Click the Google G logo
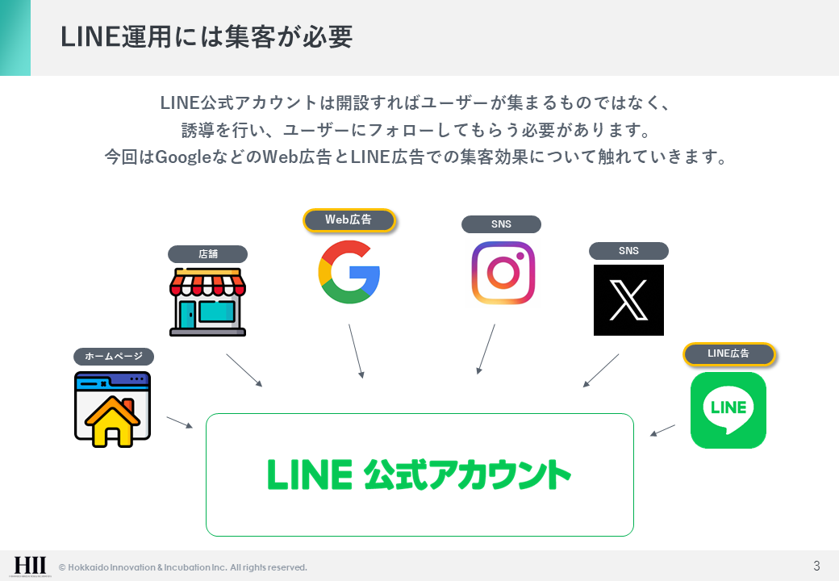(x=349, y=272)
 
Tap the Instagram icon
(x=503, y=273)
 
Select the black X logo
(x=628, y=300)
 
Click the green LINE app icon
(x=728, y=410)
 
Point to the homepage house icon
(x=112, y=410)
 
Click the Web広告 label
(x=349, y=220)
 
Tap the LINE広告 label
(x=728, y=354)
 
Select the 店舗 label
(x=207, y=254)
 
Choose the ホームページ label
(x=113, y=356)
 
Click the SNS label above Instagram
(x=501, y=224)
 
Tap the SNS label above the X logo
(x=628, y=251)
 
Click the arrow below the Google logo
(x=356, y=351)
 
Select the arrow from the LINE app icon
(x=662, y=430)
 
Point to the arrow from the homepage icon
(x=179, y=422)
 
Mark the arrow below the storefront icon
(x=244, y=370)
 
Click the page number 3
(x=816, y=565)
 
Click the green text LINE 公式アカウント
(x=419, y=474)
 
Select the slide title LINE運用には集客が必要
(x=207, y=38)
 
